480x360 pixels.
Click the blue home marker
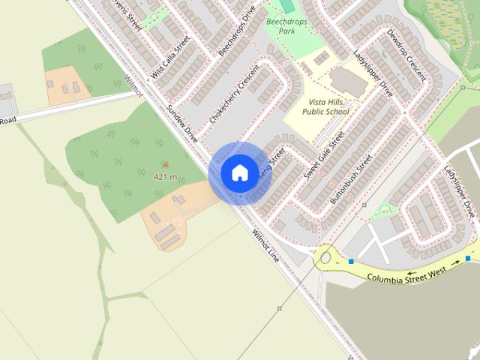coord(239,172)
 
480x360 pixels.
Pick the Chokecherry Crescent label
coord(233,98)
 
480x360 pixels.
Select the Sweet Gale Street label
coord(324,155)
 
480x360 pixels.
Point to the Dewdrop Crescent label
coord(407,56)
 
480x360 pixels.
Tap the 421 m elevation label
coord(165,177)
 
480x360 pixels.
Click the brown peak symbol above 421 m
coord(165,165)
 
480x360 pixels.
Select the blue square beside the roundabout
coord(350,261)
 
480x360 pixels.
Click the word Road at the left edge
coord(7,120)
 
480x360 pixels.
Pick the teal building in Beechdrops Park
coord(286,6)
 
